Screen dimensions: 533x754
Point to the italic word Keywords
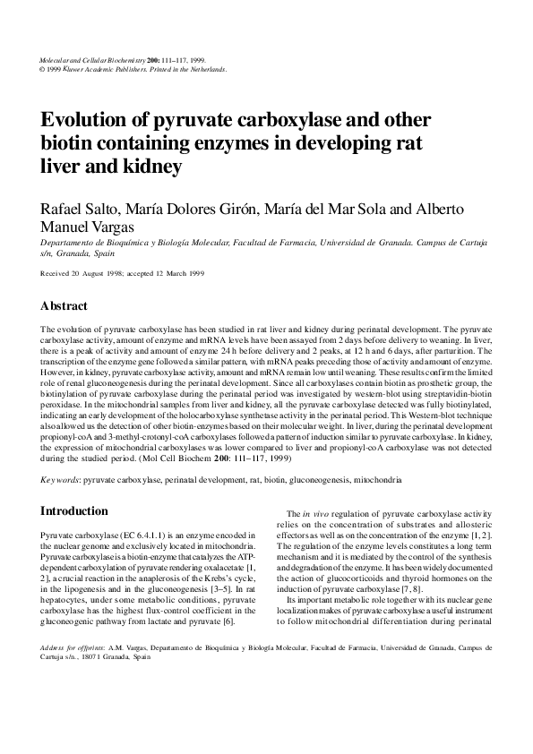60,481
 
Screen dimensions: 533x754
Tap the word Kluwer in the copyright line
83,69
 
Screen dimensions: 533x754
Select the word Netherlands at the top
203,69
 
